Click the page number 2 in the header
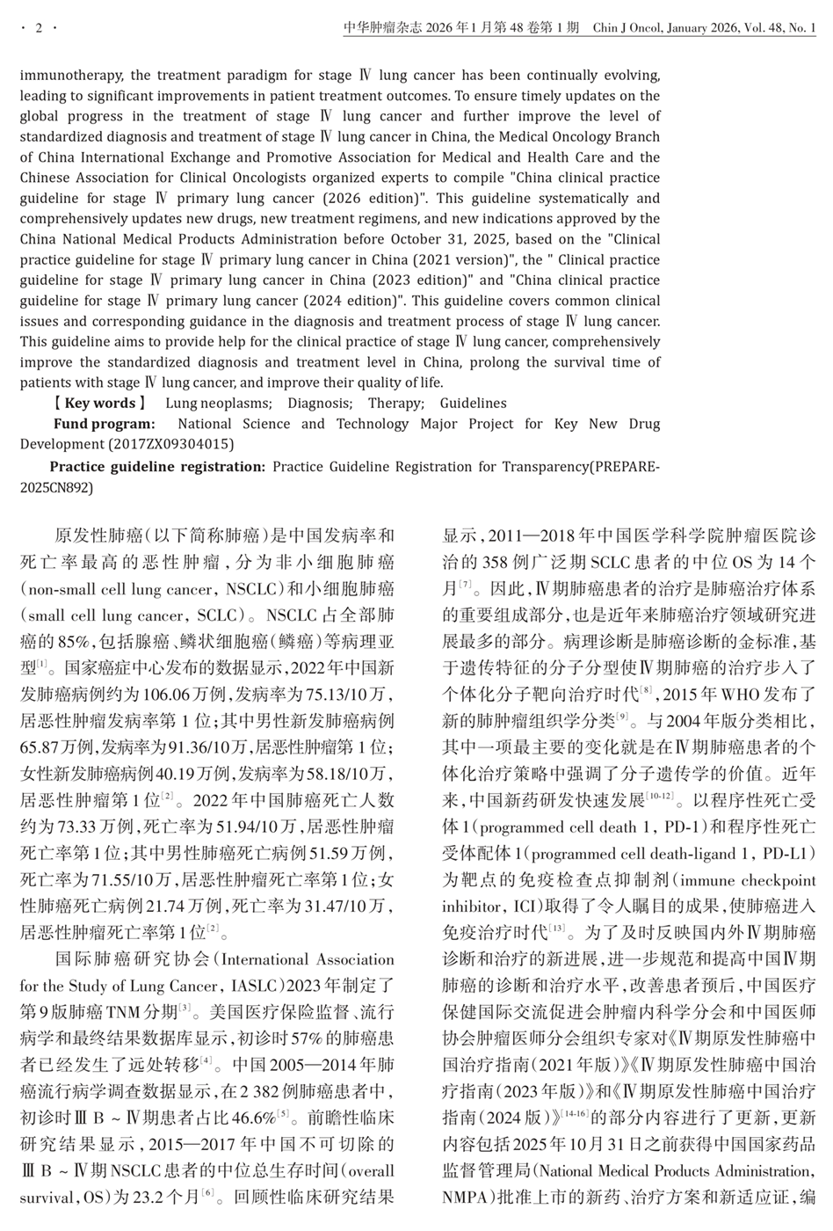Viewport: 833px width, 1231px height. [x=39, y=29]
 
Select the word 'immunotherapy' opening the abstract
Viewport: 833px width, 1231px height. [x=63, y=76]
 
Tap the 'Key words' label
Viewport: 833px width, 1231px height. [x=99, y=403]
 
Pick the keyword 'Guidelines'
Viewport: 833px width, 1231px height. [x=473, y=403]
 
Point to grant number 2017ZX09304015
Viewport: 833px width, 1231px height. [x=170, y=444]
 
